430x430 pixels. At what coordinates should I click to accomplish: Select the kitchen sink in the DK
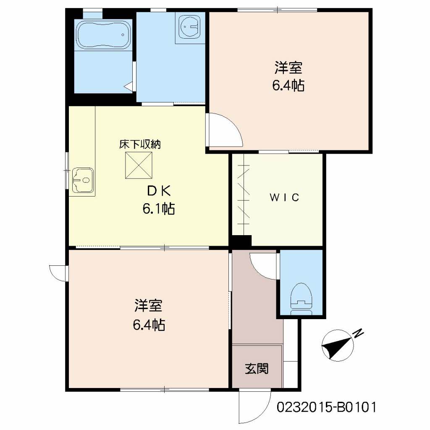pyautogui.click(x=83, y=180)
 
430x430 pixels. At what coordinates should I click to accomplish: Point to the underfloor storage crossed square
pyautogui.click(x=139, y=165)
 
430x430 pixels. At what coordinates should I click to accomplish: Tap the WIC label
pyautogui.click(x=284, y=197)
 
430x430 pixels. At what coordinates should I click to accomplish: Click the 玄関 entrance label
pyautogui.click(x=257, y=369)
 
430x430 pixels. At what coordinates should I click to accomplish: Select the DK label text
pyautogui.click(x=158, y=191)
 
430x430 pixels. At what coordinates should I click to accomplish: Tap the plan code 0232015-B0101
pyautogui.click(x=326, y=407)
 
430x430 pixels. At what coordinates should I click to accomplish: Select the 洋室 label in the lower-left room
pyautogui.click(x=148, y=306)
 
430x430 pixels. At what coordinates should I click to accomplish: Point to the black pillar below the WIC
pyautogui.click(x=241, y=241)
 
